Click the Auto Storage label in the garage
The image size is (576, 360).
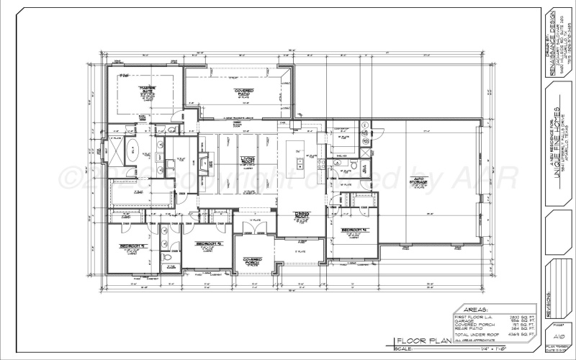[x=418, y=181]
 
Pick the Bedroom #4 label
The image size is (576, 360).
[x=355, y=230]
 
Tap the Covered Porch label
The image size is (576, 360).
[x=252, y=260]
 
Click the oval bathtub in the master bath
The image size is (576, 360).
[x=132, y=151]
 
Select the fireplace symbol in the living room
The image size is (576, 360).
[x=204, y=159]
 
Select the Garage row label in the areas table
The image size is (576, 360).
[x=464, y=320]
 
